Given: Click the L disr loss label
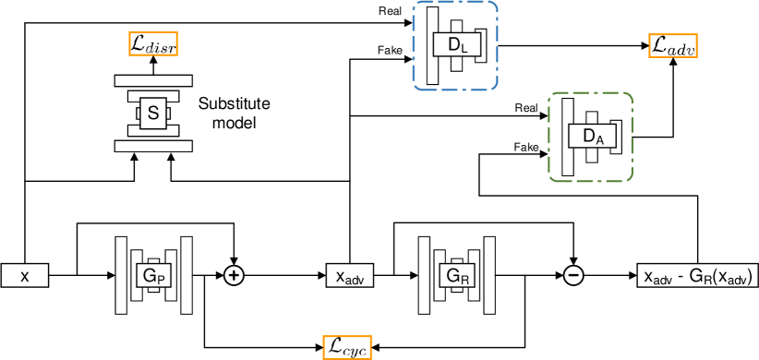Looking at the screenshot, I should pyautogui.click(x=153, y=44).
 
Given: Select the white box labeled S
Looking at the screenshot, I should pyautogui.click(x=153, y=114).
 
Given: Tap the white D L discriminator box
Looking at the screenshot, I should pyautogui.click(x=457, y=44).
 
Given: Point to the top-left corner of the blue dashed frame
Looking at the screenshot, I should pyautogui.click(x=415, y=4).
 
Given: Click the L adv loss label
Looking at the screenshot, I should pyautogui.click(x=673, y=45).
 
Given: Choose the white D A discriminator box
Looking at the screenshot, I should pyautogui.click(x=592, y=137).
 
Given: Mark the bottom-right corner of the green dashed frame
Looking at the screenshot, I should pyautogui.click(x=631, y=179).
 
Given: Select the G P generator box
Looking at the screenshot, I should pyautogui.click(x=154, y=275).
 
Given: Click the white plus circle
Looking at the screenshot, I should pyautogui.click(x=235, y=275).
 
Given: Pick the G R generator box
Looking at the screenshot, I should pyautogui.click(x=457, y=275).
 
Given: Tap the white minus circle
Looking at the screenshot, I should pyautogui.click(x=573, y=275).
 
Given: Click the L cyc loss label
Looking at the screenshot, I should pyautogui.click(x=347, y=347).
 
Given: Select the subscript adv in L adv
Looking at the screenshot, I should pyautogui.click(x=682, y=48).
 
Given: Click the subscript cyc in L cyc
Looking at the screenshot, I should pyautogui.click(x=355, y=350).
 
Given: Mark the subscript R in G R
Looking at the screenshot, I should pyautogui.click(x=465, y=278).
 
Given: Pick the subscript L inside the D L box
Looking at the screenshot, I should pyautogui.click(x=464, y=48).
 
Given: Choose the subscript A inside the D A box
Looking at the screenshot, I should pyautogui.click(x=599, y=140).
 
